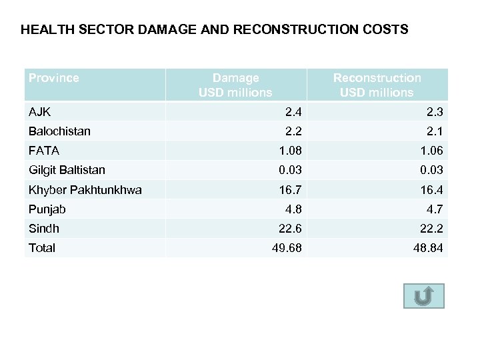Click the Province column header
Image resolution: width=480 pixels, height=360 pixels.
pyautogui.click(x=54, y=78)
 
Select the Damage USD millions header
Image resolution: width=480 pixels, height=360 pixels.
pyautogui.click(x=235, y=85)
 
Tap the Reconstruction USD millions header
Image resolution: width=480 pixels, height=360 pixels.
pyautogui.click(x=377, y=85)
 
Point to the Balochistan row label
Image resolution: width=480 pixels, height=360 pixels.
pyautogui.click(x=59, y=131)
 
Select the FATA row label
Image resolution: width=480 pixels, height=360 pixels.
pyautogui.click(x=43, y=151)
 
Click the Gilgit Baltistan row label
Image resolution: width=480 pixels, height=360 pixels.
pyautogui.click(x=67, y=170)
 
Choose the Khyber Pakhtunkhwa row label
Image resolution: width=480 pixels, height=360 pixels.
pyautogui.click(x=85, y=190)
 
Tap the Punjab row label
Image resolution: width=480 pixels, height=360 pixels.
pyautogui.click(x=47, y=209)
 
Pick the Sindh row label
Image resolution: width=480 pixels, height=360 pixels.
pyautogui.click(x=44, y=229)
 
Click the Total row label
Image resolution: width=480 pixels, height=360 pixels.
pyautogui.click(x=42, y=248)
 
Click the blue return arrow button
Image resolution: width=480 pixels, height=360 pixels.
pyautogui.click(x=423, y=296)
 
